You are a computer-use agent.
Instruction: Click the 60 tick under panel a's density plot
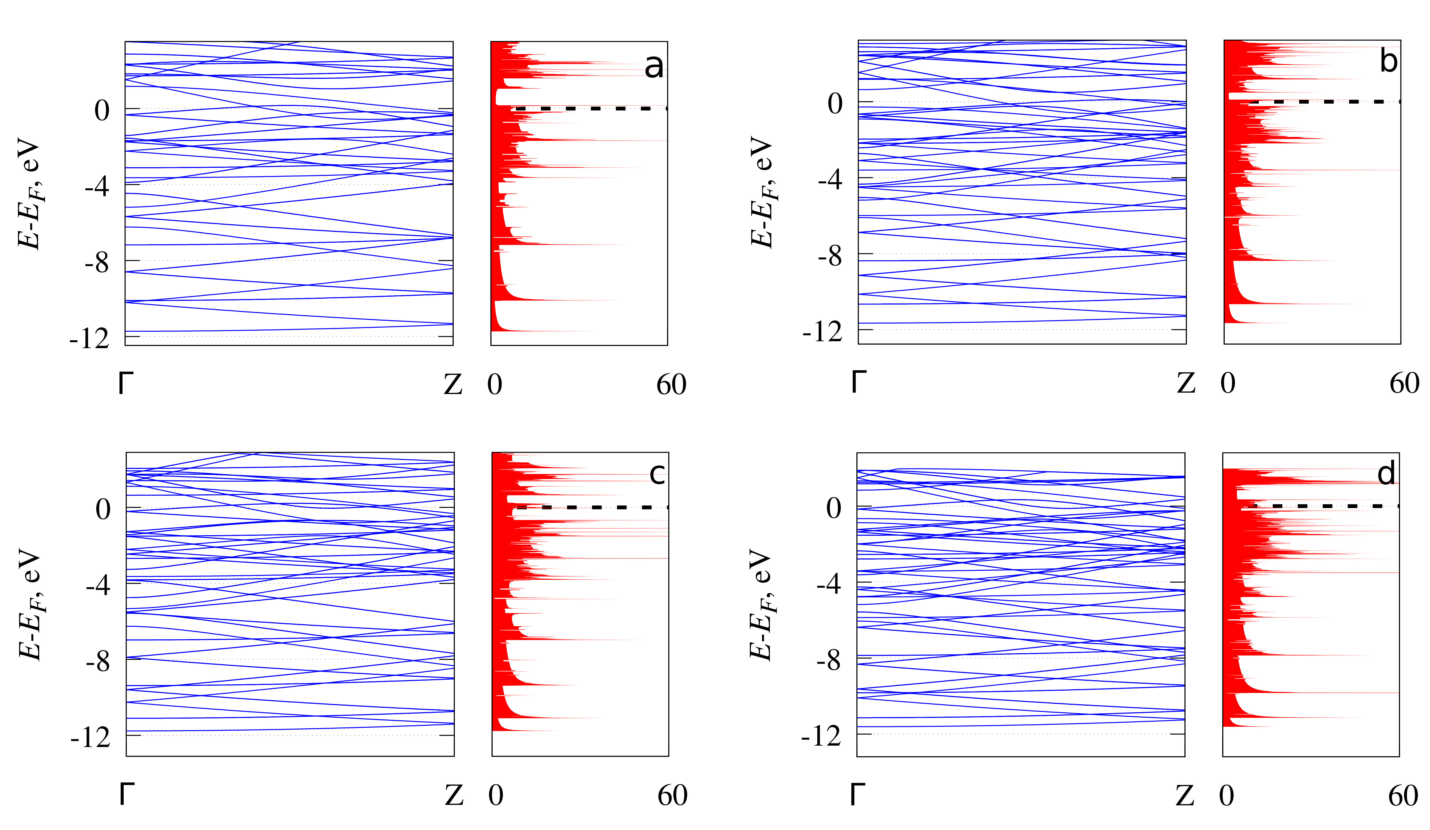click(671, 385)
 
